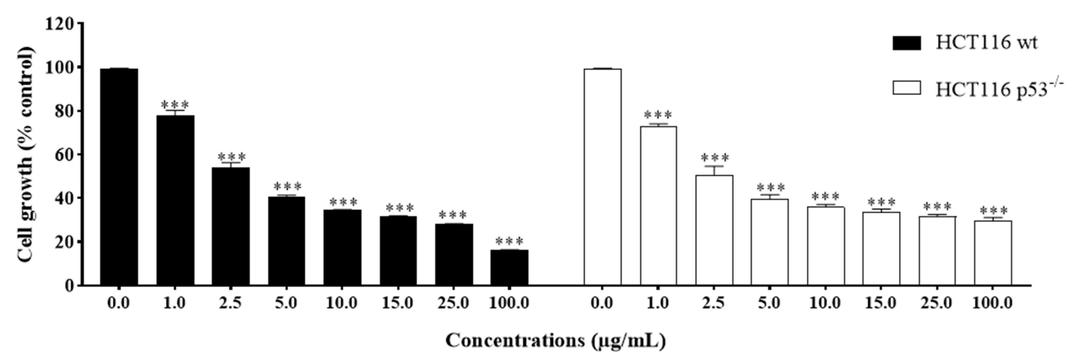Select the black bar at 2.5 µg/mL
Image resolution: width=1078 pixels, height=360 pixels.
(231, 226)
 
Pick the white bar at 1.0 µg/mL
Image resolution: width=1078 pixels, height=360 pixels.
(658, 205)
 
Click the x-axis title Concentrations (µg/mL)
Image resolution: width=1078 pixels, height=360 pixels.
(555, 340)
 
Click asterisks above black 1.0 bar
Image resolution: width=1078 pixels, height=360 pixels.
(175, 104)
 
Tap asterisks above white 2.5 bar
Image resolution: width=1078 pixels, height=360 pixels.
(714, 158)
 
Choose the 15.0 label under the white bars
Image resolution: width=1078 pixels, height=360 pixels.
(881, 303)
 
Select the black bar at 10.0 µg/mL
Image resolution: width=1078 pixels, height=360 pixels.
(342, 247)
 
